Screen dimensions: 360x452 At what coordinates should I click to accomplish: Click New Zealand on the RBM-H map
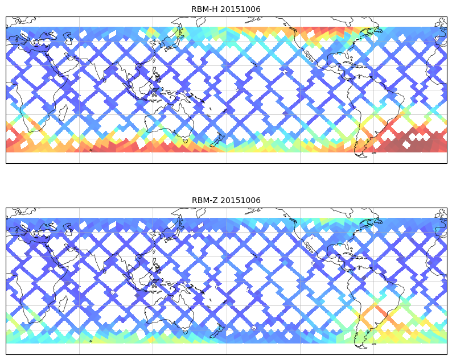pos(217,138)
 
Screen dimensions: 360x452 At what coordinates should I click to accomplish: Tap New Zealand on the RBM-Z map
pos(217,329)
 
